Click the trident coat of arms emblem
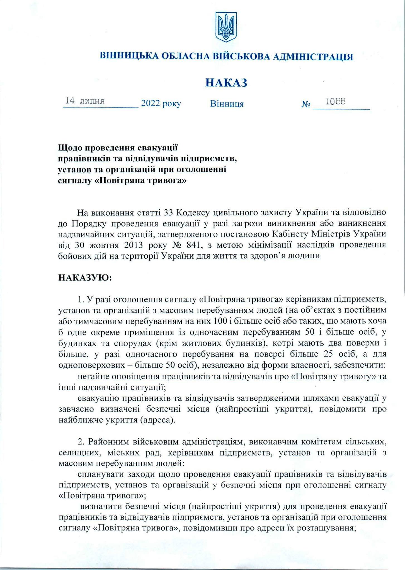[226, 27]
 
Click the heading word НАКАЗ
[226, 83]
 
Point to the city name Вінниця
[227, 104]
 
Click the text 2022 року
[161, 104]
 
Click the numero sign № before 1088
[306, 105]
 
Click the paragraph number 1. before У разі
[81, 300]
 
